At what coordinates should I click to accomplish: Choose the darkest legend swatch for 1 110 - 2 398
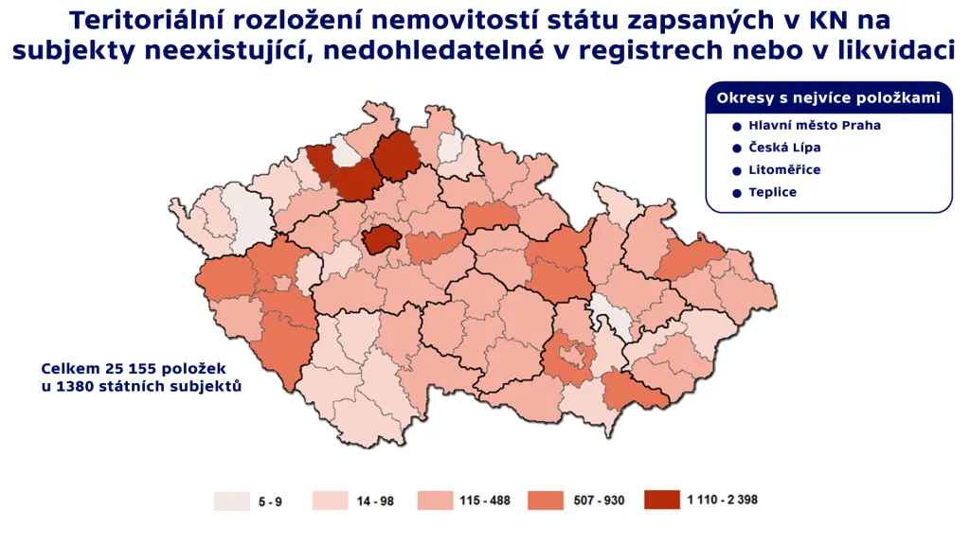[x=661, y=500]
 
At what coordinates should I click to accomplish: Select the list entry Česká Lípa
[x=784, y=148]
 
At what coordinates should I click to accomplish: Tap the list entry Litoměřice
[x=784, y=170]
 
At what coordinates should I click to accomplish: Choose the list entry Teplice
[x=772, y=193]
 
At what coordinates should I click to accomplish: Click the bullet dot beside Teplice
[x=736, y=193]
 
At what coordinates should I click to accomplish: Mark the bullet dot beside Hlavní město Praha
[x=736, y=125]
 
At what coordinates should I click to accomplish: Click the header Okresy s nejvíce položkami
[x=828, y=98]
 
